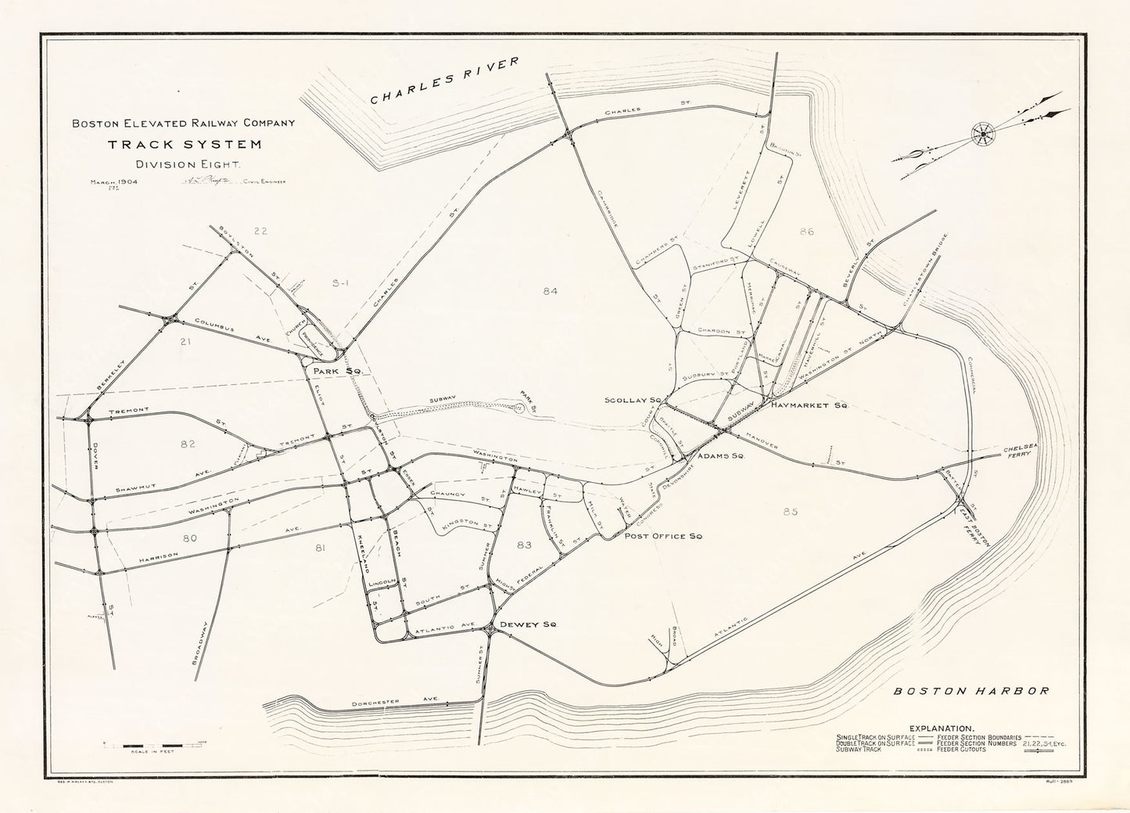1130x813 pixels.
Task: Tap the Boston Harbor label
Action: pyautogui.click(x=970, y=691)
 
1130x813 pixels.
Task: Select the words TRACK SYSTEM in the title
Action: pyautogui.click(x=185, y=144)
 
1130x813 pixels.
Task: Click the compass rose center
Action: pyautogui.click(x=980, y=134)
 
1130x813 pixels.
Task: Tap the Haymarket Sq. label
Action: pyautogui.click(x=809, y=407)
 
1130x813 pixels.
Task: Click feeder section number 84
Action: pyautogui.click(x=550, y=291)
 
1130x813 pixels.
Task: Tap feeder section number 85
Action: pyautogui.click(x=789, y=512)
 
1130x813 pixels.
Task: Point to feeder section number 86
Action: pyautogui.click(x=807, y=232)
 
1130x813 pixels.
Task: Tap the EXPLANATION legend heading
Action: pyautogui.click(x=951, y=727)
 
